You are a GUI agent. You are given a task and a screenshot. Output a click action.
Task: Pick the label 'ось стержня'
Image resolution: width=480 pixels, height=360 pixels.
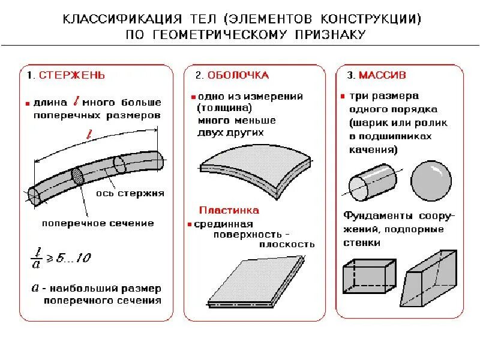130,194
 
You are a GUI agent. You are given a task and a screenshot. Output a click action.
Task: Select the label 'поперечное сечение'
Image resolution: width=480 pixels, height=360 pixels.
97,223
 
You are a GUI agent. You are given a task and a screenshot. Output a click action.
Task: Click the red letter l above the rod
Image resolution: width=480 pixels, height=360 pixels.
89,136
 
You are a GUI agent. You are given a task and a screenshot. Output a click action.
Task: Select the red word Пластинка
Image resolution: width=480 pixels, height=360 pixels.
229,211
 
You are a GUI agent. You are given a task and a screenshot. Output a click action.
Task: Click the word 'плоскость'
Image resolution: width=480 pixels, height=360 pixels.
287,244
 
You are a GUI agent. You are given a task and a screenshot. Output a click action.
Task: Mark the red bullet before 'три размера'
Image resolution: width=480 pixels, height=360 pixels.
342,96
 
